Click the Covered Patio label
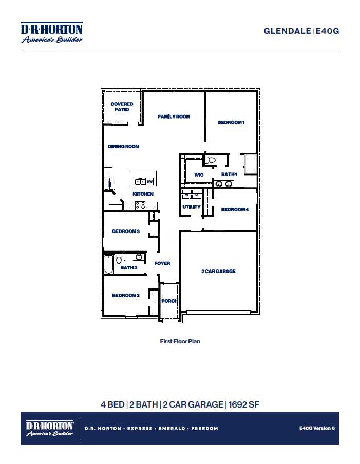pos(122,107)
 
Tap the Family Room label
pos(174,117)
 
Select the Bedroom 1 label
pos(231,122)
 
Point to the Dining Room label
pos(124,147)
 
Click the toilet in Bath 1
pos(210,161)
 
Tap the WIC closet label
pos(199,175)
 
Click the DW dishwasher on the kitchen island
pos(149,181)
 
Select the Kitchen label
pos(143,194)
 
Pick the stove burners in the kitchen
pos(140,205)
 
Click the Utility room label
pos(191,207)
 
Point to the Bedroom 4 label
pos(235,209)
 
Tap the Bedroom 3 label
pos(126,231)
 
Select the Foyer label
pos(162,263)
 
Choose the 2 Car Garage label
pos(218,271)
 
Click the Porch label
pos(169,301)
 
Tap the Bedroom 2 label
pos(126,295)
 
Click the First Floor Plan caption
pos(180,341)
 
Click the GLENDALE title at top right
pos(288,31)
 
